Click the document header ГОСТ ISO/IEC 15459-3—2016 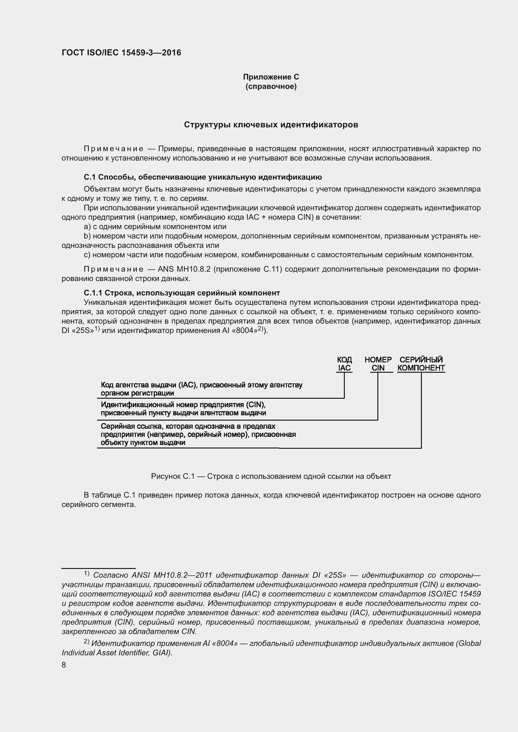pos(121,53)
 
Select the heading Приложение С pos(271,77)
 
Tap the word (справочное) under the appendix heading pos(271,87)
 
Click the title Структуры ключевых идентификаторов pos(271,125)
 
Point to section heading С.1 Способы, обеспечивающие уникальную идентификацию pos(203,177)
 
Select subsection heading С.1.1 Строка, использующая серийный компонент pos(182,293)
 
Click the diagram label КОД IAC pos(344,364)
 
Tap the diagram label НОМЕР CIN pos(378,364)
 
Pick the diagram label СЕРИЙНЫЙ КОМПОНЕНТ pos(421,364)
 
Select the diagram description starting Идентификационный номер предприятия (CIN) pos(184,409)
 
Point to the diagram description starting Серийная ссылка pos(198,434)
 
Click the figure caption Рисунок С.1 pos(271,476)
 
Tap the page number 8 pos(64,665)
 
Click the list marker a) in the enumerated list pos(87,227)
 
